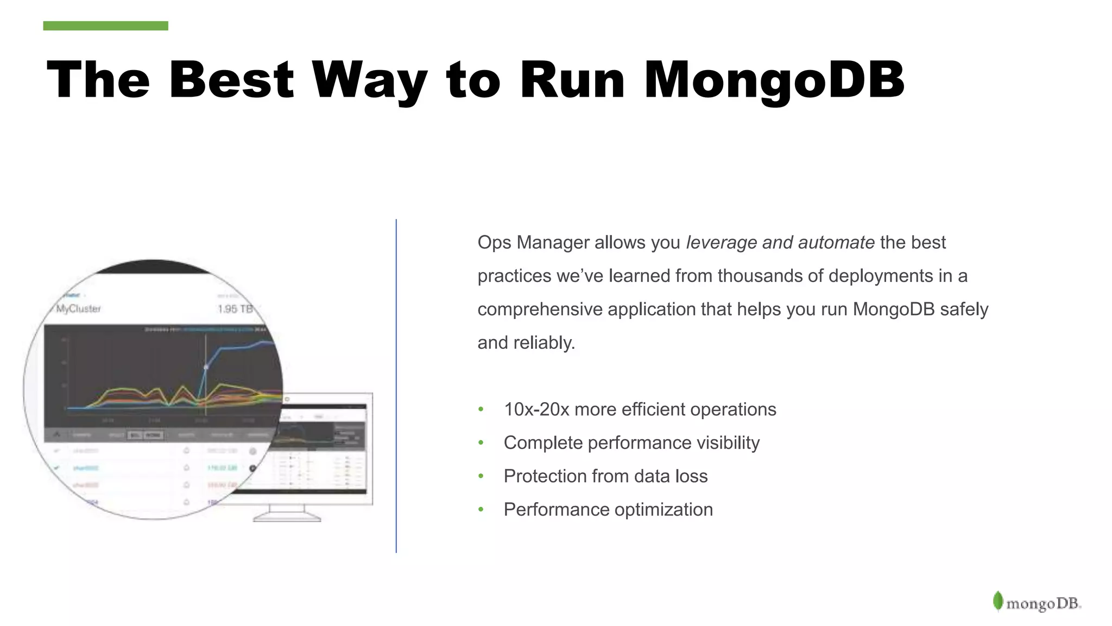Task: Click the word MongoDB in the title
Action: tap(773, 80)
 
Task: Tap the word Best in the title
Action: tap(231, 80)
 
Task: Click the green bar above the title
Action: tap(105, 26)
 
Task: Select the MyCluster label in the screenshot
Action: tap(79, 309)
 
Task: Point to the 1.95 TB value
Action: tap(235, 309)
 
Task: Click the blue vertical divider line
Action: tap(396, 386)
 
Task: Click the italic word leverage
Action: tap(721, 242)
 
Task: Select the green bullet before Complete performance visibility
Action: tap(481, 443)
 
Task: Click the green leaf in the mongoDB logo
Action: tap(997, 601)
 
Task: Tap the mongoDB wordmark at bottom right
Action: tap(1043, 604)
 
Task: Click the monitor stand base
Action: tap(287, 518)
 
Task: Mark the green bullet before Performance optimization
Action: tap(481, 510)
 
